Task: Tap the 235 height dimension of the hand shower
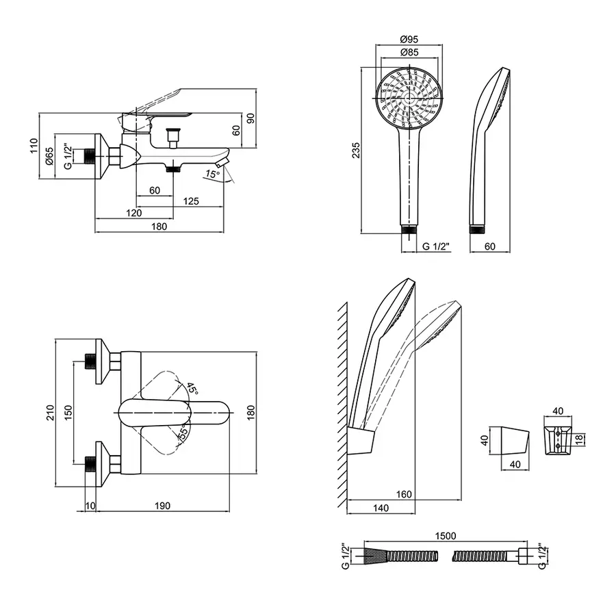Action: click(355, 151)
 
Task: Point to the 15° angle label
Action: click(212, 175)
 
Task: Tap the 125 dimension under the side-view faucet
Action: click(191, 201)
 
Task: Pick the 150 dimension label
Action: click(68, 413)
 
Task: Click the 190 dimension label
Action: click(162, 506)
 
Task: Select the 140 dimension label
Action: click(381, 508)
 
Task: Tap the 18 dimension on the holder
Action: click(579, 439)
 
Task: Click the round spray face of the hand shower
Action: click(409, 97)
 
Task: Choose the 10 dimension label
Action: click(90, 506)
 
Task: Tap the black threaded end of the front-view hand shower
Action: click(409, 229)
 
